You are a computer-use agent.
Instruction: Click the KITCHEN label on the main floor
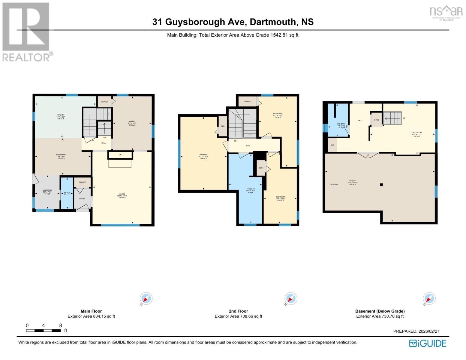[61, 115]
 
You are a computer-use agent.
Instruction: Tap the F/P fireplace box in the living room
[120, 155]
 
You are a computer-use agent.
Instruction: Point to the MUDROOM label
[47, 190]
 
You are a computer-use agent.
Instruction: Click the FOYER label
[82, 199]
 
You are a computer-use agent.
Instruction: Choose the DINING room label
[132, 121]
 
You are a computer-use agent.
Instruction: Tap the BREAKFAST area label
[61, 155]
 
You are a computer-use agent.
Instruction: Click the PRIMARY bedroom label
[203, 155]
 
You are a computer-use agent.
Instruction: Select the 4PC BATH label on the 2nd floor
[250, 189]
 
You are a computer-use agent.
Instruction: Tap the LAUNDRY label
[334, 184]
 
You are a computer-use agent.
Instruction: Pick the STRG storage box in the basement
[376, 120]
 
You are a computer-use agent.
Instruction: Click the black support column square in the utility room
[381, 185]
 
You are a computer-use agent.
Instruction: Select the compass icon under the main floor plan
[146, 299]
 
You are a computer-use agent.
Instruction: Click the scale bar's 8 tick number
[61, 325]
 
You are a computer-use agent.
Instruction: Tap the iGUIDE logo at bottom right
[428, 343]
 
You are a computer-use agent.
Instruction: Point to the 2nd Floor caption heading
[238, 311]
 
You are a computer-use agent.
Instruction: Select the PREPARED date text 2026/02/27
[428, 331]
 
